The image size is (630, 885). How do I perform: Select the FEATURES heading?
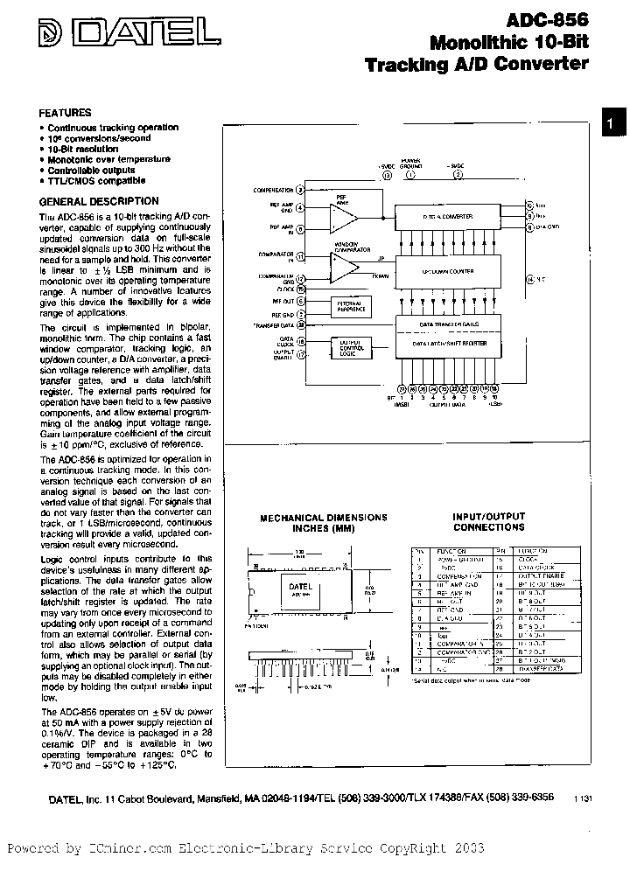tap(65, 113)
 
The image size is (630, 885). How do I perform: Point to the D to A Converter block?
tap(447, 217)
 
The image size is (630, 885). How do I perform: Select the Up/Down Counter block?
tap(447, 272)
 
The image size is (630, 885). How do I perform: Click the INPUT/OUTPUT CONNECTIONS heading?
tap(489, 522)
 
